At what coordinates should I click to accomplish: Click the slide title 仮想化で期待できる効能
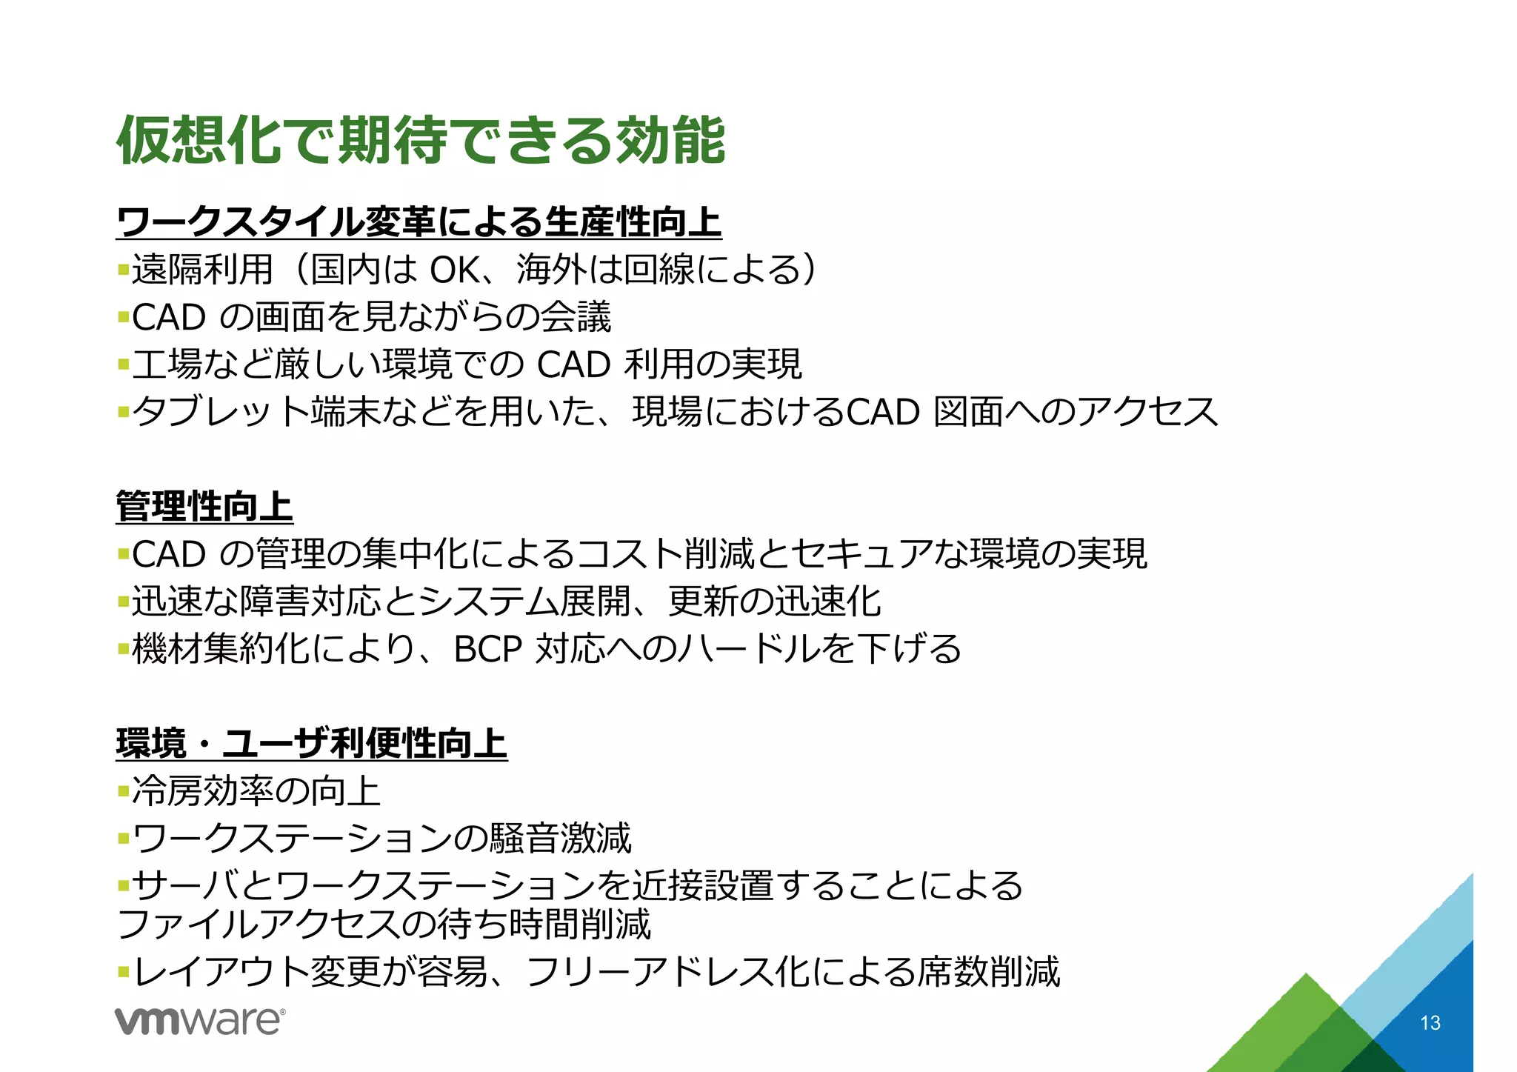click(x=421, y=139)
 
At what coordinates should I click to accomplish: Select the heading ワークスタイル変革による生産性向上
click(x=419, y=222)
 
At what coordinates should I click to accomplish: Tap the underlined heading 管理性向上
click(x=204, y=506)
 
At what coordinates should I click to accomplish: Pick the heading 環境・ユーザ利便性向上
click(x=311, y=743)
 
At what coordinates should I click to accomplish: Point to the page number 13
click(x=1430, y=1023)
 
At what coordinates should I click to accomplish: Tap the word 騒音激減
click(x=560, y=839)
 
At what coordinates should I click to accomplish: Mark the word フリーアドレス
click(x=650, y=972)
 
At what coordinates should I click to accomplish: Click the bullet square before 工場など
click(x=123, y=364)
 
